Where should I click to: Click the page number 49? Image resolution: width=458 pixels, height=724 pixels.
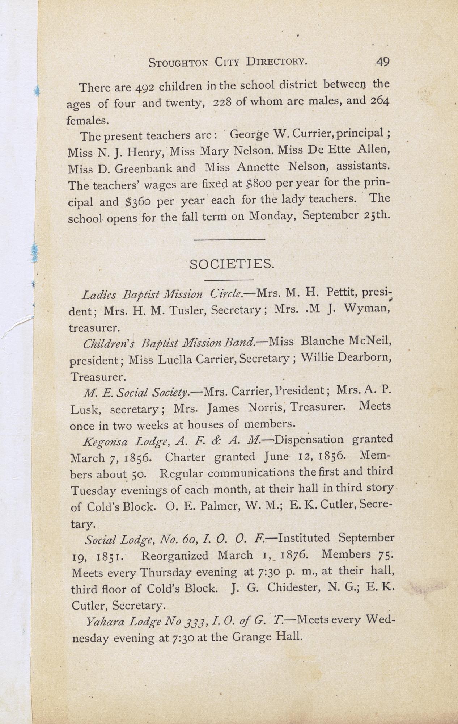click(382, 62)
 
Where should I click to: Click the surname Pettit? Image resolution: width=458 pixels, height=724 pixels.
click(342, 292)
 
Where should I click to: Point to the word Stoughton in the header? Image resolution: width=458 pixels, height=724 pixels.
click(178, 63)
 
